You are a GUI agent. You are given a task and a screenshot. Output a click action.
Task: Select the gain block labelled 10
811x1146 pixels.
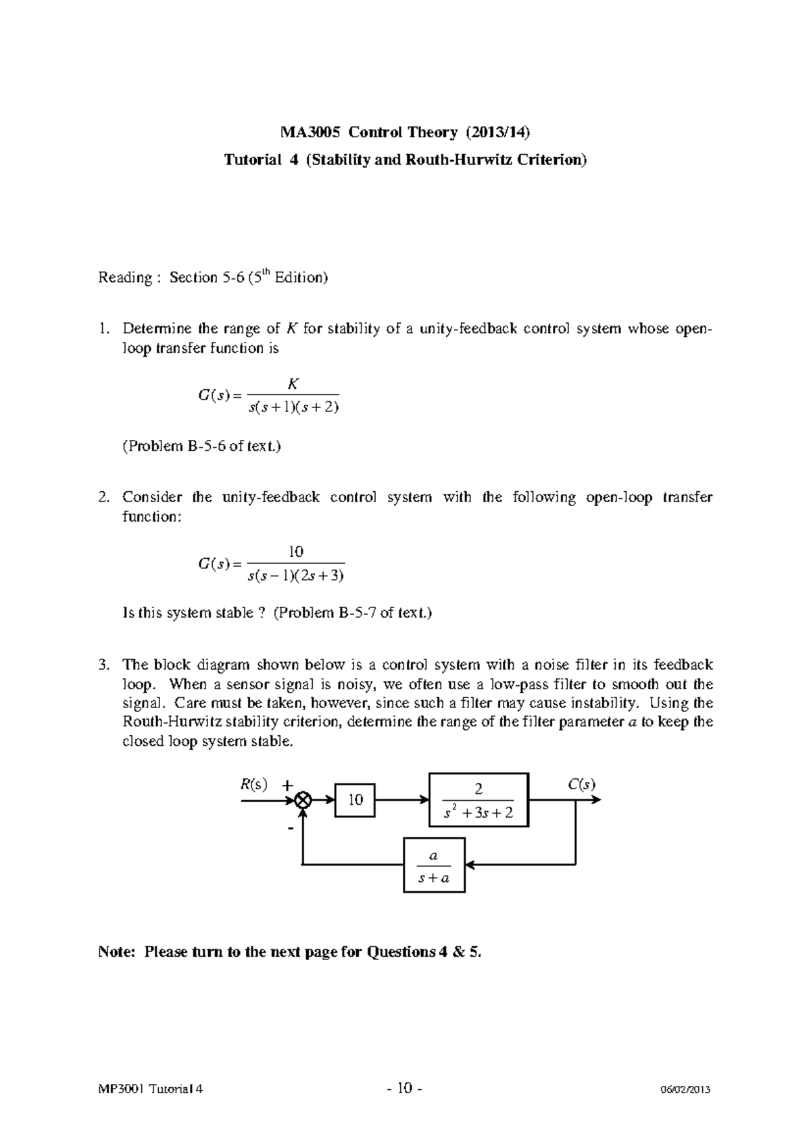355,800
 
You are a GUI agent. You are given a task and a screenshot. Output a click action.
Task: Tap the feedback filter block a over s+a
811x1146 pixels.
434,865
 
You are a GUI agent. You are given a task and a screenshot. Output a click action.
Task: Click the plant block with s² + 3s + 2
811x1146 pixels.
478,800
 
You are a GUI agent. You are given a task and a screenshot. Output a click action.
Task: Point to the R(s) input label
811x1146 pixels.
254,784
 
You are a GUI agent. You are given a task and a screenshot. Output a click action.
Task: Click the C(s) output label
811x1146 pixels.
581,784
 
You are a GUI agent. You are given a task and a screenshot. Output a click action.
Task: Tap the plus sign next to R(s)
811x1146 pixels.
288,785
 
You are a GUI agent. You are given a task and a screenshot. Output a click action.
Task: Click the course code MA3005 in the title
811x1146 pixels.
312,131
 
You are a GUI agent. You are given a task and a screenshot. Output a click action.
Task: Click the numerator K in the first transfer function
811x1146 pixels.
293,384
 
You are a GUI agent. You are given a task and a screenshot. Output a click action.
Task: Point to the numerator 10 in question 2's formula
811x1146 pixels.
296,551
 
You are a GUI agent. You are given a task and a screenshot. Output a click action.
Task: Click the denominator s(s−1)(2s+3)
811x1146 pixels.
297,576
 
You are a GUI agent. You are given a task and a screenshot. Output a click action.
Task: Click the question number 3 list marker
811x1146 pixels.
103,665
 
